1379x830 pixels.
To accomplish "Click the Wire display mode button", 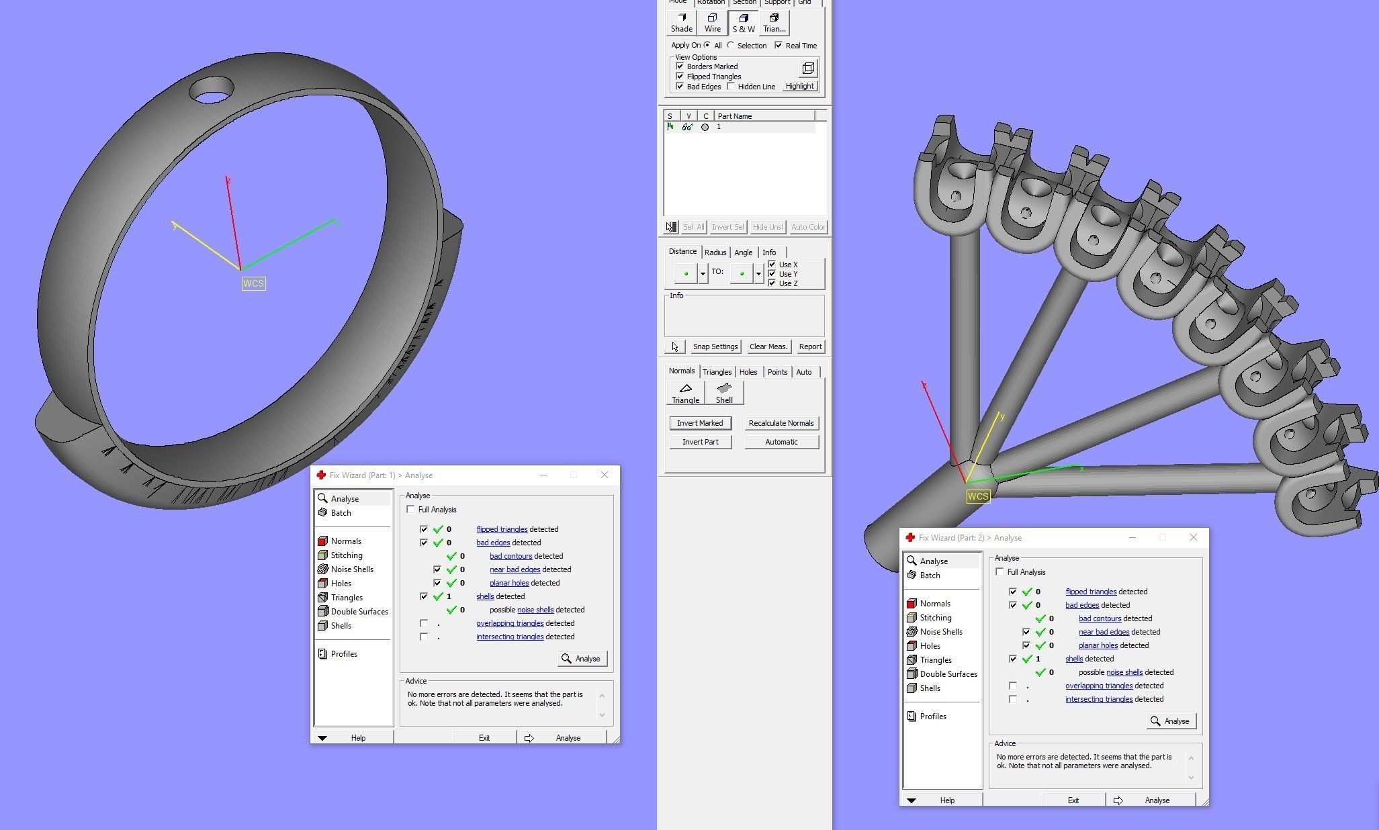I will point(712,23).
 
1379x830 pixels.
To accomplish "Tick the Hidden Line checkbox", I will point(731,87).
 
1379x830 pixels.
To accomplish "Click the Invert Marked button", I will point(700,423).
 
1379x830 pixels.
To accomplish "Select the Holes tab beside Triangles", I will point(748,372).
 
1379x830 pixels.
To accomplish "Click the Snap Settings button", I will point(715,347).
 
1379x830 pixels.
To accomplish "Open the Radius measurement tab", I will point(715,252).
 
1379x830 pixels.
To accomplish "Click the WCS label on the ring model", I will point(253,283).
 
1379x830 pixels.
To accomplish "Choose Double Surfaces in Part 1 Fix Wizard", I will point(359,612).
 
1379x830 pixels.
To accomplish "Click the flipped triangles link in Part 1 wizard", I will point(501,529).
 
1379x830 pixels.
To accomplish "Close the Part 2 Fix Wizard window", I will point(1193,537).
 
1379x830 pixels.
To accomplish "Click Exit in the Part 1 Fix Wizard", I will point(484,737).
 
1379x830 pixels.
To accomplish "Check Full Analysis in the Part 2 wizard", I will point(999,572).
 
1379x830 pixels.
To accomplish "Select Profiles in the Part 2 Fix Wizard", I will point(932,717).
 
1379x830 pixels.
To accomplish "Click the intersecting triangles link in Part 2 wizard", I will point(1098,699).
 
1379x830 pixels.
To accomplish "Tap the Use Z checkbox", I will point(772,283).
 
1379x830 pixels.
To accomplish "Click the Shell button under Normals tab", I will point(723,393).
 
